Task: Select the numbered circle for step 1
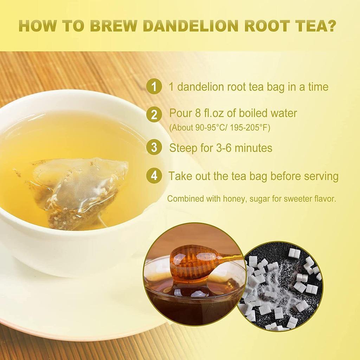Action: (154, 86)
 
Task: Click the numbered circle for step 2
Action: (154, 114)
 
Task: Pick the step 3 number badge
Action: (154, 148)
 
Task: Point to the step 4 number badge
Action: (154, 176)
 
